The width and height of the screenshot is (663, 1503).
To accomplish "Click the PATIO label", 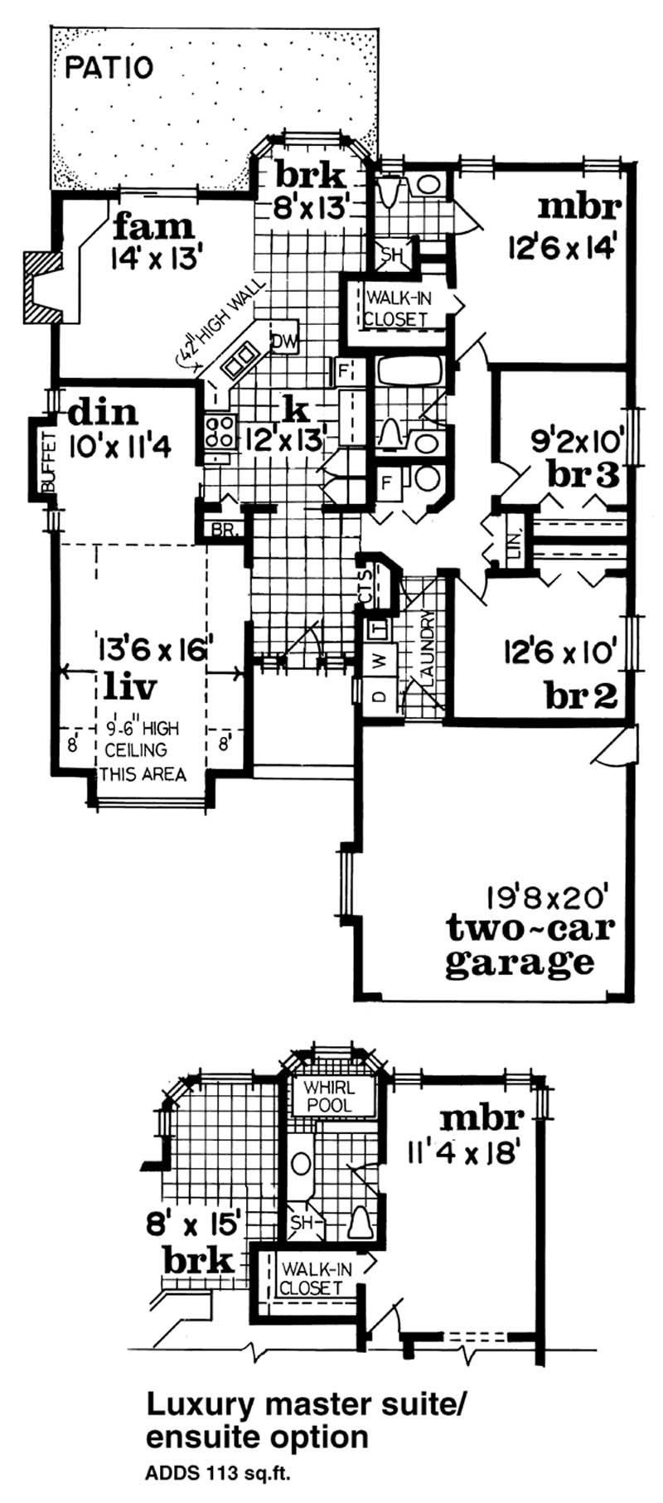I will pyautogui.click(x=109, y=67).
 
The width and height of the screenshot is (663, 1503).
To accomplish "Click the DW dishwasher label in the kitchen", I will pyautogui.click(x=283, y=340).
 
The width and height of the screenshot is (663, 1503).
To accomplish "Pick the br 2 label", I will pyautogui.click(x=581, y=695).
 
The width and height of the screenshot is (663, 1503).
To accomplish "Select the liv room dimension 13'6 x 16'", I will pyautogui.click(x=153, y=647).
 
